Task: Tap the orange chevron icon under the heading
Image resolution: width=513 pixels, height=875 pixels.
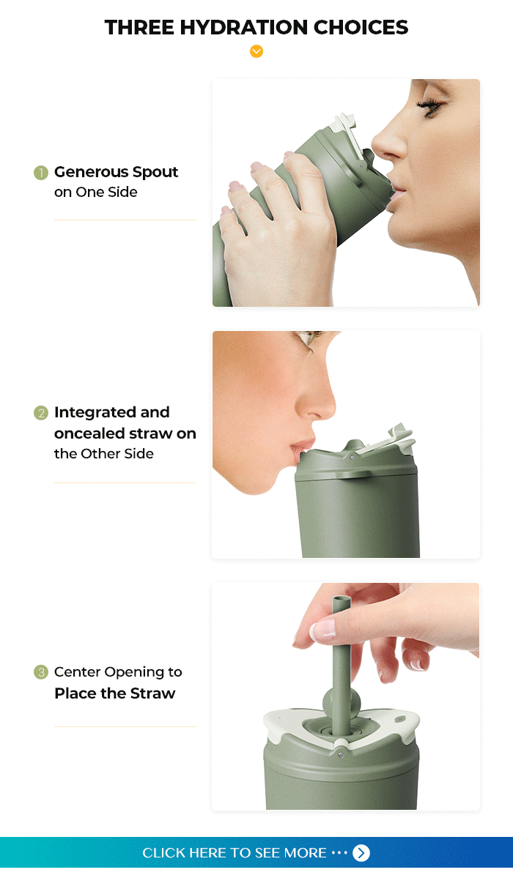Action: pyautogui.click(x=256, y=51)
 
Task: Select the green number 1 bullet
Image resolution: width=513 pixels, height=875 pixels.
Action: pyautogui.click(x=41, y=172)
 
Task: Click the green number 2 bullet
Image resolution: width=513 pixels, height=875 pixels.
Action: pyautogui.click(x=41, y=413)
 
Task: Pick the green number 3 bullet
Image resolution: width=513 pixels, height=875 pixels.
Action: pyautogui.click(x=41, y=672)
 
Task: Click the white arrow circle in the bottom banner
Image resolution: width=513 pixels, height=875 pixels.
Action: pyautogui.click(x=361, y=853)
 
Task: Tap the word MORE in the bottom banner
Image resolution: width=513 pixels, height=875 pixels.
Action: pyautogui.click(x=305, y=853)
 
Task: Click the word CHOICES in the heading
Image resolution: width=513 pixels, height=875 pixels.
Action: pyautogui.click(x=361, y=27)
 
